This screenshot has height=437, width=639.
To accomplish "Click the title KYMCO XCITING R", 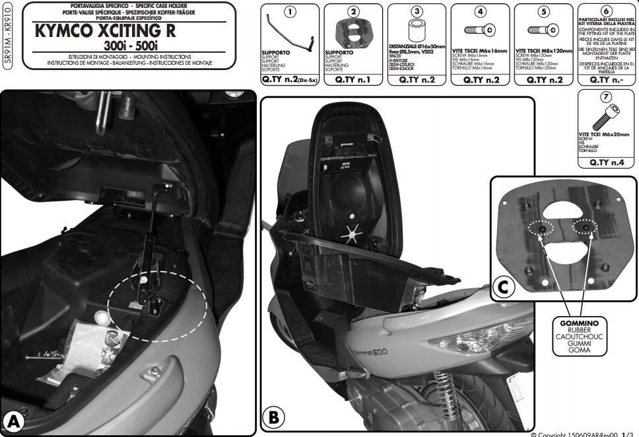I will (105, 30).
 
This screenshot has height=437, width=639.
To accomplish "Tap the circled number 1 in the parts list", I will (289, 12).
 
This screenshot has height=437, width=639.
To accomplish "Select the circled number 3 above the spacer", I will (417, 12).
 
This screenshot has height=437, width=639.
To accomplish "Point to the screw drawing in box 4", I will (480, 31).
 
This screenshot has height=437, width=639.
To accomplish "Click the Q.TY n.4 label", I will (607, 162).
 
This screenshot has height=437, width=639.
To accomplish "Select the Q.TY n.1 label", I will (353, 79).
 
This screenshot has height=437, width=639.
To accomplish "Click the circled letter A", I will (13, 421).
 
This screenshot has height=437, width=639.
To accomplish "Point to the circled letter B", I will (273, 417).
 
